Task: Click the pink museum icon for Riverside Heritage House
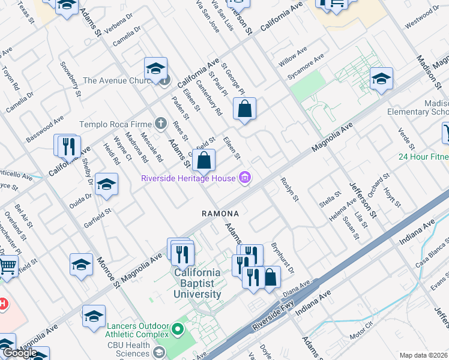(x=244, y=178)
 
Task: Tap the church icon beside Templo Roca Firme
(x=160, y=124)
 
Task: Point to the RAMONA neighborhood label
(x=220, y=214)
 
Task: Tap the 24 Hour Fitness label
(x=423, y=157)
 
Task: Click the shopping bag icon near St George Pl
(x=244, y=110)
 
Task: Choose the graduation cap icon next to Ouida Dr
(x=106, y=184)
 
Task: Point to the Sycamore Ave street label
(x=306, y=67)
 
